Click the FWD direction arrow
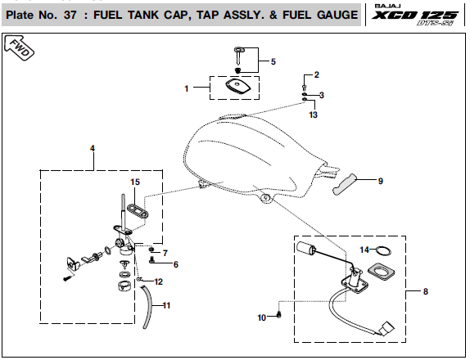[19, 48]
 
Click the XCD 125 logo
[415, 15]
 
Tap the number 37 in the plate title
[70, 15]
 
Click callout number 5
[273, 61]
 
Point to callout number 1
[187, 88]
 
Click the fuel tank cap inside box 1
[237, 87]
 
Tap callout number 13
[314, 115]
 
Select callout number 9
[381, 181]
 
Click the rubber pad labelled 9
[345, 184]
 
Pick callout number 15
[135, 182]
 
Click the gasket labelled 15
[138, 211]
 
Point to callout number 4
[93, 148]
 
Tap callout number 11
[166, 305]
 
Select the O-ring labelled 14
[383, 251]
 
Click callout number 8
[426, 291]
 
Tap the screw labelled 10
[279, 314]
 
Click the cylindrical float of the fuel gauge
[305, 248]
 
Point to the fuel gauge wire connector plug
[386, 328]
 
